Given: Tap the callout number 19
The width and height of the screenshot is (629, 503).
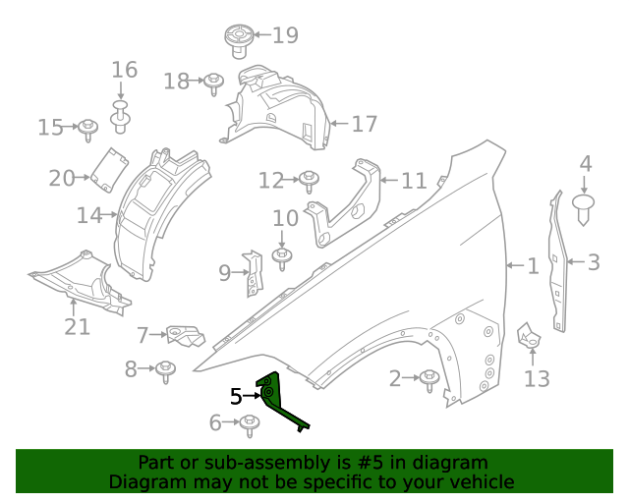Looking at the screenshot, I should click(x=285, y=36).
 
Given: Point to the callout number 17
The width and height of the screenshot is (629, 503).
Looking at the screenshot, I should click(x=364, y=125).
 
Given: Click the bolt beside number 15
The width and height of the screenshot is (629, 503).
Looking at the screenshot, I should click(x=87, y=127).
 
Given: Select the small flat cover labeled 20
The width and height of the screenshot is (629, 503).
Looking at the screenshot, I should click(x=109, y=167).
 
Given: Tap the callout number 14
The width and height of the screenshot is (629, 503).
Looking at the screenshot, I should click(x=89, y=213).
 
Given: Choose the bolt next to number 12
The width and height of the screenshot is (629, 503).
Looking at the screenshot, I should click(x=310, y=180).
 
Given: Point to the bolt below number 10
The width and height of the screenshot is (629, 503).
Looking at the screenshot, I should click(x=282, y=257).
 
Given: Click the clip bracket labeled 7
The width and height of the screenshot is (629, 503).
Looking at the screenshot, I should click(x=184, y=335).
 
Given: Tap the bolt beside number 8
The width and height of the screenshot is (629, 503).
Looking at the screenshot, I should click(x=165, y=369).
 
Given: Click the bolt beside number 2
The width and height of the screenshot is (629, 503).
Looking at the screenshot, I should click(x=429, y=378).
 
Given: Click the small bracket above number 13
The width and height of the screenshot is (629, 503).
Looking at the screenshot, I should click(x=530, y=336).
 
